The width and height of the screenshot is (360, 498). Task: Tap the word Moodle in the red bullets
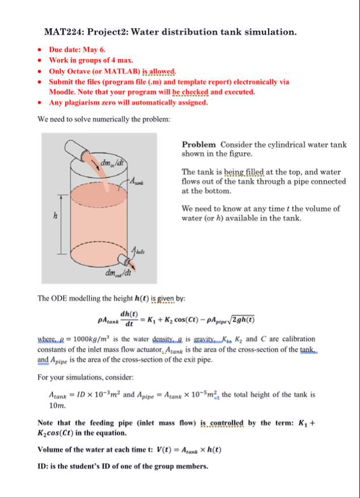(63, 91)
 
